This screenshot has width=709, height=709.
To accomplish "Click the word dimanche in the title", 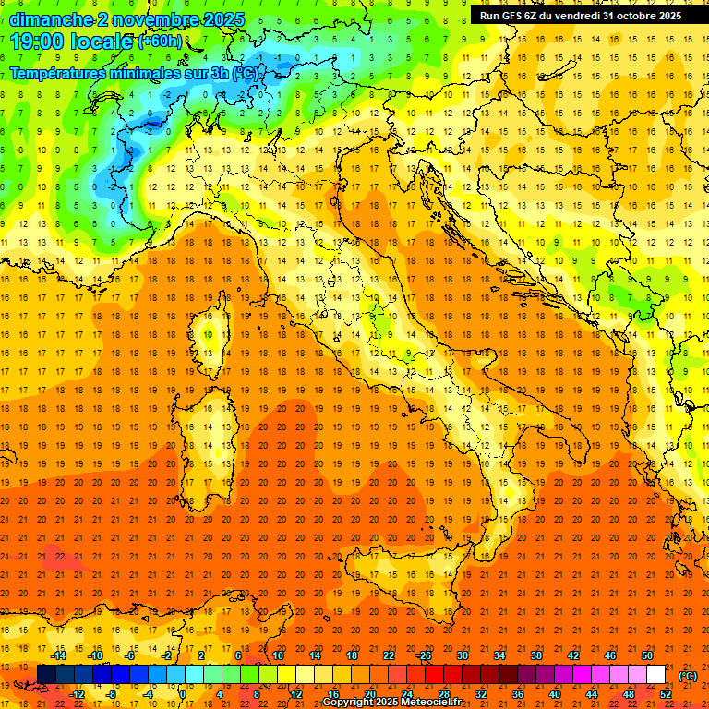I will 51,19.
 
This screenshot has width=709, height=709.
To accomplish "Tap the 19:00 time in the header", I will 36,42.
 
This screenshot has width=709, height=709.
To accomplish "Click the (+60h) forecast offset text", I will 160,42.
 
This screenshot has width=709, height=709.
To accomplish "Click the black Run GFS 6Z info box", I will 580,15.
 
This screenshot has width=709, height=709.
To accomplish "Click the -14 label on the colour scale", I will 57,655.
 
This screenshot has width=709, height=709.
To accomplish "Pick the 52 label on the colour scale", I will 666,694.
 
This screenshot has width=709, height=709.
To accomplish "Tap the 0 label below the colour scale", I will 183,694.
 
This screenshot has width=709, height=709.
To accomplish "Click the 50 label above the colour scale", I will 646,655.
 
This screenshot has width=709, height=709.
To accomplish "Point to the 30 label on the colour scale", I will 462,655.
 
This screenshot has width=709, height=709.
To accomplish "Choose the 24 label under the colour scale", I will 406,694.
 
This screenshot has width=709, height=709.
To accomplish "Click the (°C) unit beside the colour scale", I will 687,675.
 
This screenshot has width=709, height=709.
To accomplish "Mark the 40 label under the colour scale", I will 554,694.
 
